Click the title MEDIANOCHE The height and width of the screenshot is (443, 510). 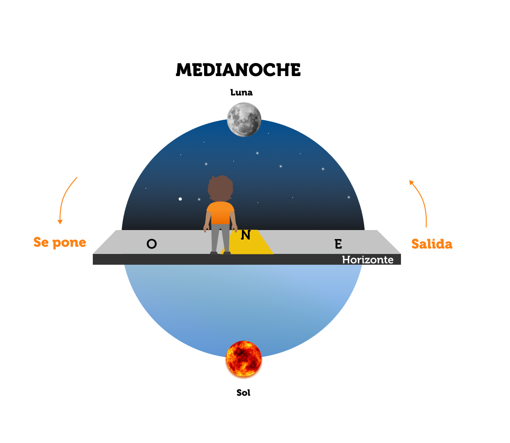(x=238, y=70)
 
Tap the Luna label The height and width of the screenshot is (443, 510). (x=241, y=93)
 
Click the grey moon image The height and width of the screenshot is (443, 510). (x=244, y=119)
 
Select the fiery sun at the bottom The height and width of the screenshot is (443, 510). (x=243, y=358)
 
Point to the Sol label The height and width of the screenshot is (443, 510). (x=243, y=393)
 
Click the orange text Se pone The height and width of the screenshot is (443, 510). (x=59, y=243)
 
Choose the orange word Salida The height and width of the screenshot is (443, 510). (x=432, y=244)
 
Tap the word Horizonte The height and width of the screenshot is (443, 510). (x=367, y=260)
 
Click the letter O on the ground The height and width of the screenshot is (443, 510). (x=152, y=244)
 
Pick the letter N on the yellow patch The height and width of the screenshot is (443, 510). (x=246, y=235)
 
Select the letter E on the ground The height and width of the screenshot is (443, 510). (x=338, y=244)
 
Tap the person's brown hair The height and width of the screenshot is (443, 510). (x=220, y=187)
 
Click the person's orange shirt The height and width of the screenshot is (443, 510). (x=220, y=212)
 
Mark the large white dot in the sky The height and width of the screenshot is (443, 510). (x=180, y=199)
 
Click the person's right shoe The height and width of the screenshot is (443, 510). (x=227, y=253)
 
